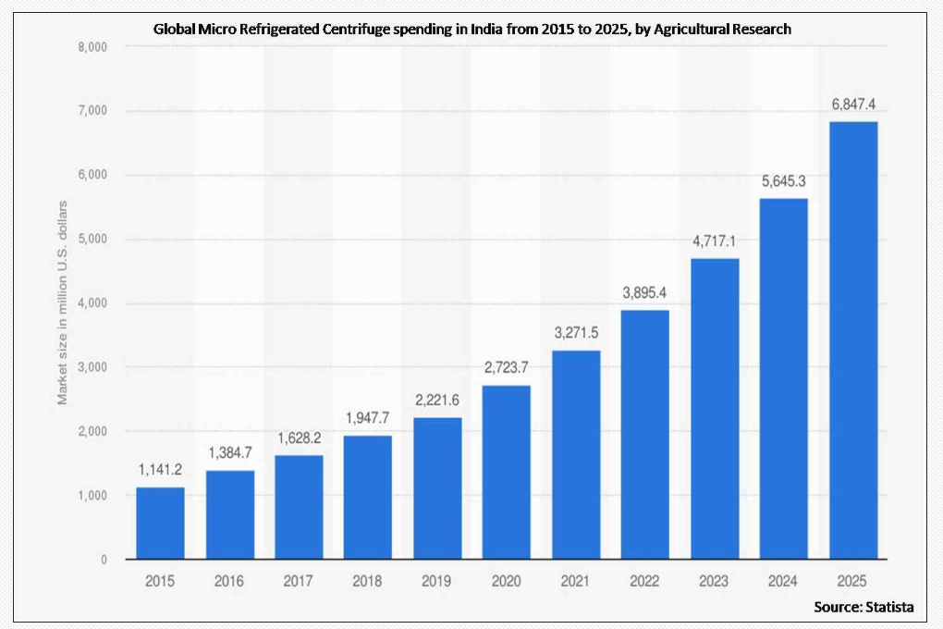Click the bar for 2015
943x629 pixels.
pyautogui.click(x=160, y=523)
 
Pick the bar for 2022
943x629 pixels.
pyautogui.click(x=645, y=435)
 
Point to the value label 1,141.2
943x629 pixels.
pyautogui.click(x=161, y=470)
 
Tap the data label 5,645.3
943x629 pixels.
pyautogui.click(x=784, y=181)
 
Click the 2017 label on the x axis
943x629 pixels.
pyautogui.click(x=299, y=581)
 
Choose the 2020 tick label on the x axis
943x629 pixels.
pyautogui.click(x=507, y=581)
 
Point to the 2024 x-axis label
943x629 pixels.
pyautogui.click(x=784, y=581)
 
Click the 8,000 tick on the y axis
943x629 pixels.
pyautogui.click(x=91, y=47)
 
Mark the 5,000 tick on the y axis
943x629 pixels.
pyautogui.click(x=91, y=240)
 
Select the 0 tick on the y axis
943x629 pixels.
pyautogui.click(x=103, y=560)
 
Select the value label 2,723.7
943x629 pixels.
pyautogui.click(x=507, y=368)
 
